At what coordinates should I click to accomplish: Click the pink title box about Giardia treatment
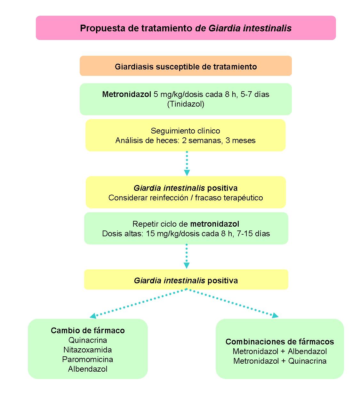[186, 28]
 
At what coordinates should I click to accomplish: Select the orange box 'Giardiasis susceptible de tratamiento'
[186, 67]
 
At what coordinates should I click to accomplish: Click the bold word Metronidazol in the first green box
[126, 94]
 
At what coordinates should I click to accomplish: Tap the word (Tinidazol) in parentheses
[186, 104]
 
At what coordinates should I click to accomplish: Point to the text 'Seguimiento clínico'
[185, 131]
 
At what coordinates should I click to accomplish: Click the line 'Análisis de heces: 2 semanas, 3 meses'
[185, 141]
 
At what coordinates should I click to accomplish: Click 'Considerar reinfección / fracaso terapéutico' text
[186, 198]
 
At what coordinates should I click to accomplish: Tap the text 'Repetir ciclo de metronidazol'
[186, 224]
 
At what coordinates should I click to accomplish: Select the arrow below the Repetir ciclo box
[187, 256]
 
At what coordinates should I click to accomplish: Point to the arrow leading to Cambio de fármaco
[138, 303]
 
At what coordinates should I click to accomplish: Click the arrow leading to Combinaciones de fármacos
[234, 303]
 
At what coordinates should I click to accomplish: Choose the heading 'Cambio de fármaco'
[88, 330]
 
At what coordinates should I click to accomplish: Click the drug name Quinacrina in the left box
[88, 340]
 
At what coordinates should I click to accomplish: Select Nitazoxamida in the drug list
[88, 350]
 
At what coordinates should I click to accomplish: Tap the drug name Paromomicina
[88, 359]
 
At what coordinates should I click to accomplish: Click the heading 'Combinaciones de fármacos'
[280, 342]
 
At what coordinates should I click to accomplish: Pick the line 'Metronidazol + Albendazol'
[280, 351]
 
